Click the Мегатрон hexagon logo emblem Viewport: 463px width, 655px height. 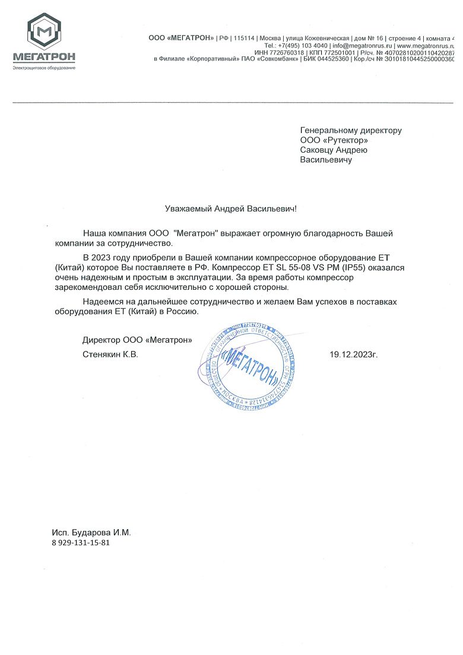pyautogui.click(x=43, y=31)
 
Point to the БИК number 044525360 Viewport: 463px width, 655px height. pyautogui.click(x=329, y=59)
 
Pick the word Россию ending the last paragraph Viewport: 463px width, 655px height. pyautogui.click(x=181, y=311)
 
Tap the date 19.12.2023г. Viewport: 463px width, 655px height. pyautogui.click(x=354, y=355)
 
